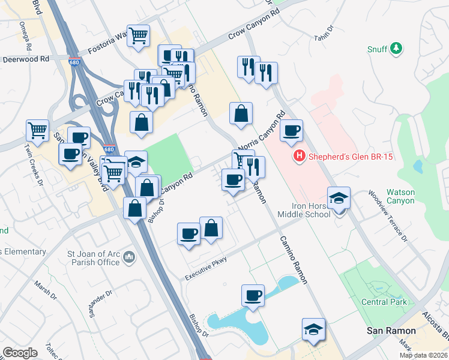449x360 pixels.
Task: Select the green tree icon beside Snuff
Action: point(396,49)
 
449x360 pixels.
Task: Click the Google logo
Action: point(20,353)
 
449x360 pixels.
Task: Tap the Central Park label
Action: point(384,302)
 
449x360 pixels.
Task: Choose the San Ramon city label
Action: point(391,331)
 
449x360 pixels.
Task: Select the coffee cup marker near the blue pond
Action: point(253,296)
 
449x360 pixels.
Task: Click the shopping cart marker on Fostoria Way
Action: point(139,35)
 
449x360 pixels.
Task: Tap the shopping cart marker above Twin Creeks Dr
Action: point(38,130)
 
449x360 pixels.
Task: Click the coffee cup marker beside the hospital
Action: point(291,131)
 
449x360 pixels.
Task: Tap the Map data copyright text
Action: point(423,355)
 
